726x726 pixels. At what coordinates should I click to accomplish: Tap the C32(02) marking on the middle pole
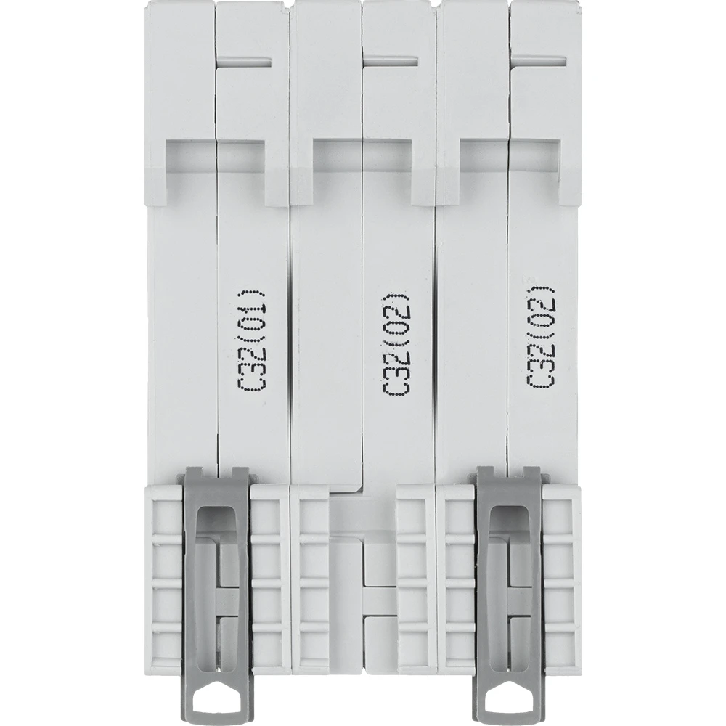click(396, 344)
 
